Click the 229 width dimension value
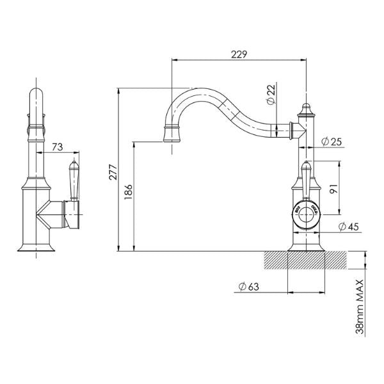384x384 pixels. click(239, 54)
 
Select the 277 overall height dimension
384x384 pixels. click(113, 171)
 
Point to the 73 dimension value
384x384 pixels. click(57, 147)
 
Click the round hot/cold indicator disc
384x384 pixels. click(306, 210)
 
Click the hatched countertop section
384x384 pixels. click(307, 261)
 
